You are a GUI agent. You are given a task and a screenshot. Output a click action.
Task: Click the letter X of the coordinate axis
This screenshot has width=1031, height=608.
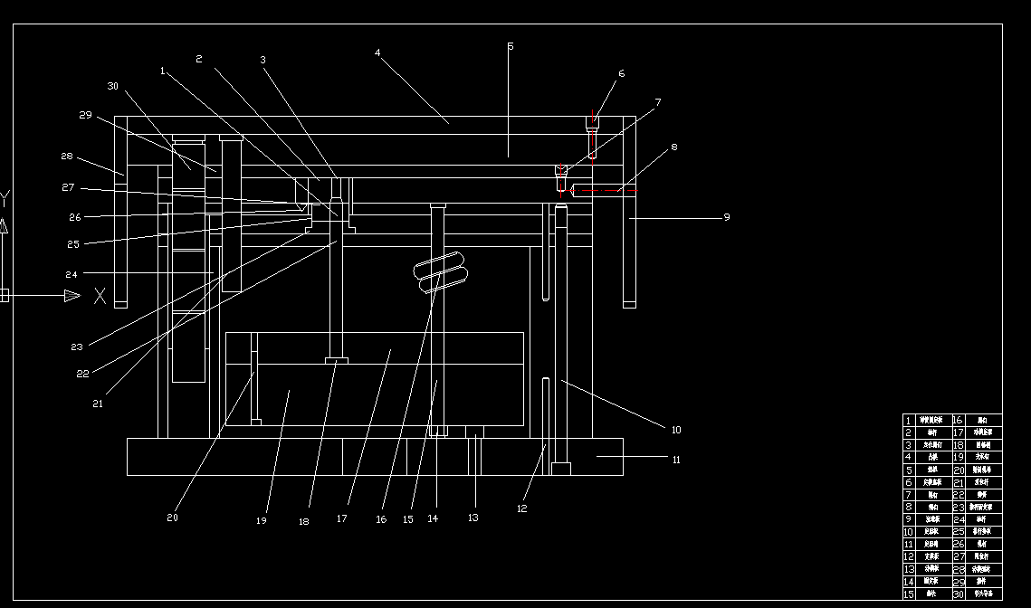100,296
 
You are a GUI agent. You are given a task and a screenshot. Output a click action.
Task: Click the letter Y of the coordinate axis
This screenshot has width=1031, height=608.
5,198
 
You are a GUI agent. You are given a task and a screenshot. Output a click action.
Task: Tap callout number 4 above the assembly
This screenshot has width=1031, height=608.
377,52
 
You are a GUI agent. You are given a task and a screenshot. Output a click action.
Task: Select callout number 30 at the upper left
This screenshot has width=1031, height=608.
113,87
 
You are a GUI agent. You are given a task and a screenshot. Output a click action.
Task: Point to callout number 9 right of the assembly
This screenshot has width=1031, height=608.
726,217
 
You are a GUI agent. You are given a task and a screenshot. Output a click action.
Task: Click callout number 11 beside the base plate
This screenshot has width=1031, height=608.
676,460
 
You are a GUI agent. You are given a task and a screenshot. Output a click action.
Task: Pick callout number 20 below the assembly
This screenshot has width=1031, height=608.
173,518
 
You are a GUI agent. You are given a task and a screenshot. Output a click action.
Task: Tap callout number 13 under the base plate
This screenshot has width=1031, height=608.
473,518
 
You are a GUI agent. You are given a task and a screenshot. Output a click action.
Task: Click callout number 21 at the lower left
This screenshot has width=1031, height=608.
98,404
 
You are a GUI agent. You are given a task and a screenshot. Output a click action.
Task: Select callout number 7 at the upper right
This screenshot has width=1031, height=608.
658,103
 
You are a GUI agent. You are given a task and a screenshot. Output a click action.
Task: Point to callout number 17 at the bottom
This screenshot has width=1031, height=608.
341,519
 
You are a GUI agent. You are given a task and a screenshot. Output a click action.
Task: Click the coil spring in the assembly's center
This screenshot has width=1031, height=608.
441,275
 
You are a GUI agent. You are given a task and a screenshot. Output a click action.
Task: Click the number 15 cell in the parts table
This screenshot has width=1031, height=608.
909,594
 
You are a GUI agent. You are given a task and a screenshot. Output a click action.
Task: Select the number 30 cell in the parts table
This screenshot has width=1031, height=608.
958,594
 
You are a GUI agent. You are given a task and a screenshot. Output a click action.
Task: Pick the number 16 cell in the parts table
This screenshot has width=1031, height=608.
958,420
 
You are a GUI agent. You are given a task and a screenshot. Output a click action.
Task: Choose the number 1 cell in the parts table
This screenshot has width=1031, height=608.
909,420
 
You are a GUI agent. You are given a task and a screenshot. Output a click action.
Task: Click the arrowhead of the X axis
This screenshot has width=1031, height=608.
72,296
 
